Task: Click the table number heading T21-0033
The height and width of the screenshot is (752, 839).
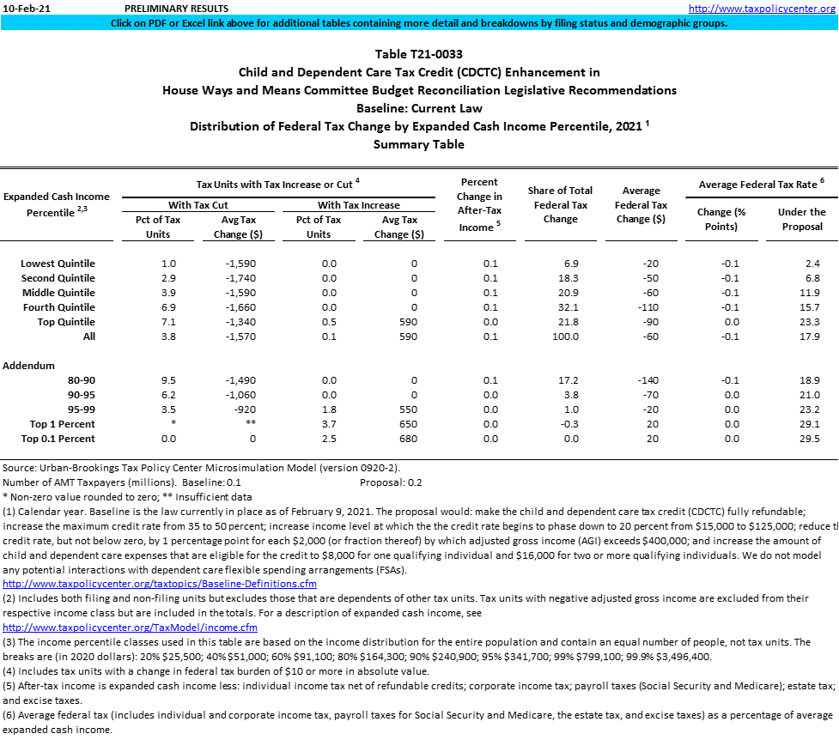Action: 419,53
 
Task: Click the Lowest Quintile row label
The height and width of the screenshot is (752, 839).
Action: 58,264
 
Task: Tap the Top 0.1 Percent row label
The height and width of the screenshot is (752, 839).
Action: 58,439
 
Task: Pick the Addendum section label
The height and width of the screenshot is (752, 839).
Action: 28,366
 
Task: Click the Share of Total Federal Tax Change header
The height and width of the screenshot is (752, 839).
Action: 560,204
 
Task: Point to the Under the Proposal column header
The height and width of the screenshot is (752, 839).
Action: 801,219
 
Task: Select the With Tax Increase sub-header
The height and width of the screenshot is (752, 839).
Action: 358,205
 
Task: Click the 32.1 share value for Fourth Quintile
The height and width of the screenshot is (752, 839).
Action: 568,307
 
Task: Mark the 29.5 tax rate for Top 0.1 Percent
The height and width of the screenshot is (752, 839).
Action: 809,439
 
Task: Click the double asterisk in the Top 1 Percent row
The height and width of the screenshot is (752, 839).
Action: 248,424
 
